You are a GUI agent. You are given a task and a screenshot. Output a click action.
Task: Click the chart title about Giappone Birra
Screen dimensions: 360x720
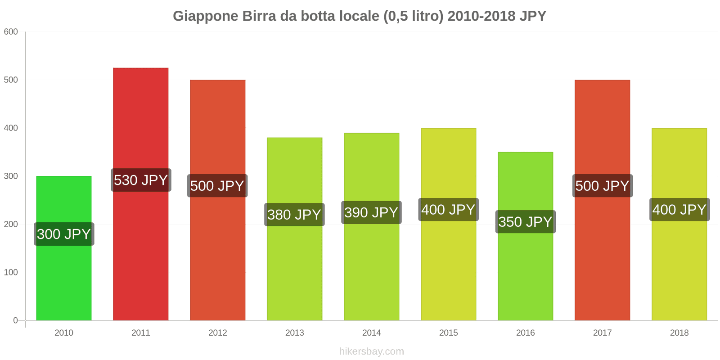[x=359, y=16]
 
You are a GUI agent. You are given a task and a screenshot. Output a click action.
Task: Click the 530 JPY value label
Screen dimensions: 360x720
[x=141, y=180]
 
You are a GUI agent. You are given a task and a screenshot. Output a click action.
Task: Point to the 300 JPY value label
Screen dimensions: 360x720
[x=64, y=234]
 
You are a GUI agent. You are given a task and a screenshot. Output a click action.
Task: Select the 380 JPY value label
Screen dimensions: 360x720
[x=294, y=215]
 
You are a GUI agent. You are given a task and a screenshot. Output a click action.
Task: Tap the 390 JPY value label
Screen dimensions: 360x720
[x=371, y=212]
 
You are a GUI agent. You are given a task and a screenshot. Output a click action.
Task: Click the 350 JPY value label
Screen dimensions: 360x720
[x=525, y=222]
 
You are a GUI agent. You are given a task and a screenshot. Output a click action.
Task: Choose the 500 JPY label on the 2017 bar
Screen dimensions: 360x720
[x=602, y=186]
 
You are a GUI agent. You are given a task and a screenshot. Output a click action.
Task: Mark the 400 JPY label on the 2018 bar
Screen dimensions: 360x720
[x=679, y=210]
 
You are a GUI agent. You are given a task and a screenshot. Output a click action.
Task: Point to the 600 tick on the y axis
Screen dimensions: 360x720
[x=11, y=32]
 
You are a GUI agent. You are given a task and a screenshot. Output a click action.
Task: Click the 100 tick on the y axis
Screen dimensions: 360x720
[x=11, y=272]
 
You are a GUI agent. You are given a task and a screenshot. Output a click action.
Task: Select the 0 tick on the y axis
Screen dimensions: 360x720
[x=15, y=320]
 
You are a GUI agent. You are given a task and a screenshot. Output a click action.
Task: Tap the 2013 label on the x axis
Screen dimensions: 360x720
[x=294, y=333]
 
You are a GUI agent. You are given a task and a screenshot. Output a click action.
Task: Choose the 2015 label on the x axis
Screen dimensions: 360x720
[x=448, y=333]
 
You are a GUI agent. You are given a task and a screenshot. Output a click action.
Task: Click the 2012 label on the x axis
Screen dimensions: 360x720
[x=217, y=333]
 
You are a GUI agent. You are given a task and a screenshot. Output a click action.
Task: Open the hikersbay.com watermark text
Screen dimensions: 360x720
[x=371, y=351]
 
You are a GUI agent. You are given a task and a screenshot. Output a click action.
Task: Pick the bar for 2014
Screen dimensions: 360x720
[x=371, y=270]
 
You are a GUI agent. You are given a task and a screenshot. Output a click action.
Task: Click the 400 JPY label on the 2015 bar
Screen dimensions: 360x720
[x=448, y=210]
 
